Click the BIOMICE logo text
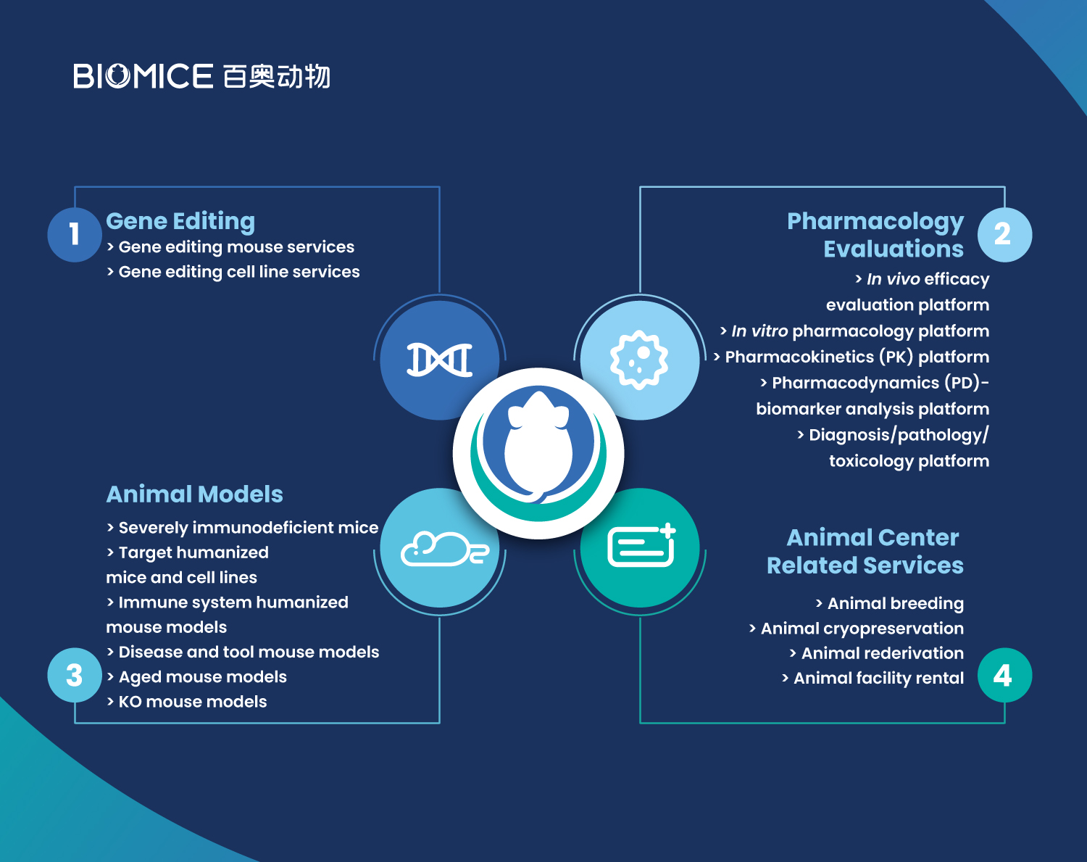click(x=143, y=76)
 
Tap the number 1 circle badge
click(x=75, y=234)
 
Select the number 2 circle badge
click(x=1004, y=234)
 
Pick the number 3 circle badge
click(x=75, y=675)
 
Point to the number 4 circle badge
click(x=1004, y=675)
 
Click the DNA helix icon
click(x=439, y=360)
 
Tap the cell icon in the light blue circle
click(x=639, y=360)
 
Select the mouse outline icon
click(x=444, y=549)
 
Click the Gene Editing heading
click(x=180, y=222)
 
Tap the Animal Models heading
click(x=194, y=494)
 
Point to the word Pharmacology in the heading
click(x=875, y=222)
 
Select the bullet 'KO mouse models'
click(x=187, y=701)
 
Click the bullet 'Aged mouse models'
click(x=197, y=677)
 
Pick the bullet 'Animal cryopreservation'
click(x=856, y=628)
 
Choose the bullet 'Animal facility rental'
click(x=872, y=678)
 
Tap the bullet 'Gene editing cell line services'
click(x=233, y=272)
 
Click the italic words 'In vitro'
click(x=759, y=331)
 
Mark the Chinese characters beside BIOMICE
click(x=277, y=76)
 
